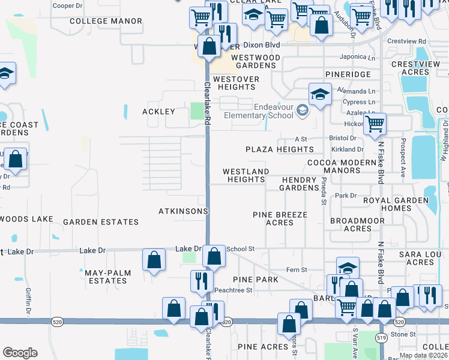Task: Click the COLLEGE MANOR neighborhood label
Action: [x=106, y=21]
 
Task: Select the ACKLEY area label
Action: [x=158, y=112]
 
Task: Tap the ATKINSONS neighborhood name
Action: [x=183, y=211]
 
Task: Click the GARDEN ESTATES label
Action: [x=101, y=222]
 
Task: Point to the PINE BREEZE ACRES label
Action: [x=280, y=218]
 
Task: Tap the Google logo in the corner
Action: [x=20, y=353]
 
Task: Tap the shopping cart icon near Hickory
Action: [x=375, y=124]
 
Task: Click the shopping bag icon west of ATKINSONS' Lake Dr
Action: [x=154, y=260]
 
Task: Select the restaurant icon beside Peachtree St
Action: [x=201, y=280]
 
